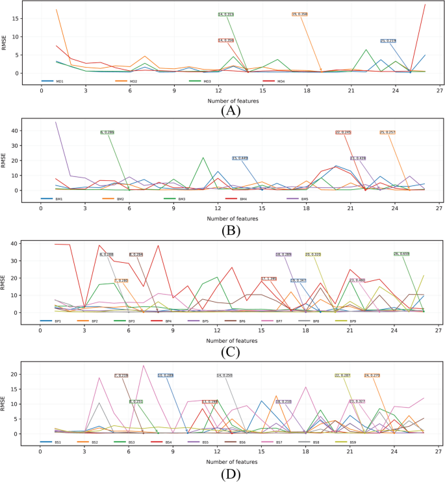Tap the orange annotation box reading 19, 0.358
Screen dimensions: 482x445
[x=299, y=14]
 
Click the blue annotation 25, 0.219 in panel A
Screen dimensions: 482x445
[x=388, y=40]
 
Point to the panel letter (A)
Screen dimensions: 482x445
[x=232, y=110]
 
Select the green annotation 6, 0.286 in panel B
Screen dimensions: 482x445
[x=107, y=132]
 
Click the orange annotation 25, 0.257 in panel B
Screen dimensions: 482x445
[x=387, y=132]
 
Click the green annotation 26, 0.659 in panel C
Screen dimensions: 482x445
[x=401, y=254]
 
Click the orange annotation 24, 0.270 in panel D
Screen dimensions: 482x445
[x=372, y=375]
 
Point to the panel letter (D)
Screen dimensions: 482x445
[x=232, y=474]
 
